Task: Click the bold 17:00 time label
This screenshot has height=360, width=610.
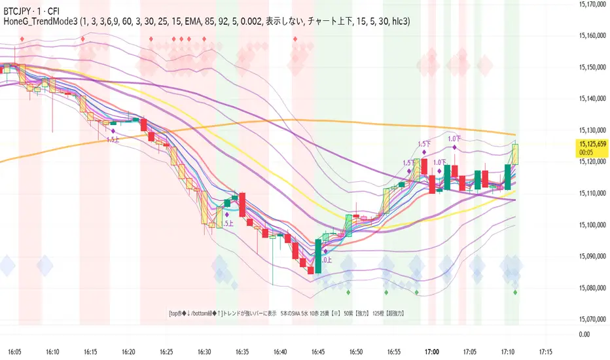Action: [432, 351]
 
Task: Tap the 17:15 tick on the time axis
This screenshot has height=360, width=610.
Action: [545, 351]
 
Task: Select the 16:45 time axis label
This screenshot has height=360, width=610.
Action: [318, 351]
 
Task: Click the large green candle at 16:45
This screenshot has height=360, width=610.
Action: [318, 256]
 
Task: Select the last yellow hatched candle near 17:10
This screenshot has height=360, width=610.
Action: [516, 154]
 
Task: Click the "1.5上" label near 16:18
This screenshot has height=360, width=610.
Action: [112, 139]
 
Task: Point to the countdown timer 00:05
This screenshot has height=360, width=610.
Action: [586, 153]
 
